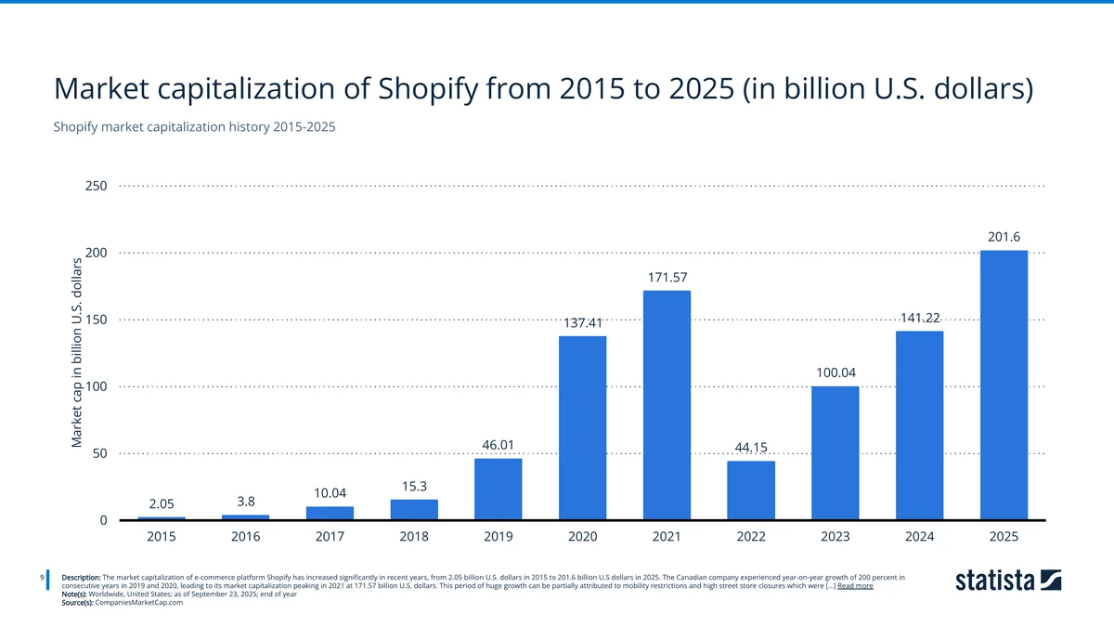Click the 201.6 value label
[x=1004, y=237]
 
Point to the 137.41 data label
[x=583, y=322]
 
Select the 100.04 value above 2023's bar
[x=835, y=372]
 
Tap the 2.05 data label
[x=162, y=503]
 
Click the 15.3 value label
[x=414, y=486]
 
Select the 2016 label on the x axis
[x=246, y=537]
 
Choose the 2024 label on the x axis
[x=919, y=537]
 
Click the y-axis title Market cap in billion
[x=78, y=353]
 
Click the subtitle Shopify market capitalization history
[x=194, y=127]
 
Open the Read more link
[x=854, y=586]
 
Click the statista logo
[x=1008, y=581]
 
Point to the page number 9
[x=43, y=578]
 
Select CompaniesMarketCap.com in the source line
[x=139, y=602]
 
